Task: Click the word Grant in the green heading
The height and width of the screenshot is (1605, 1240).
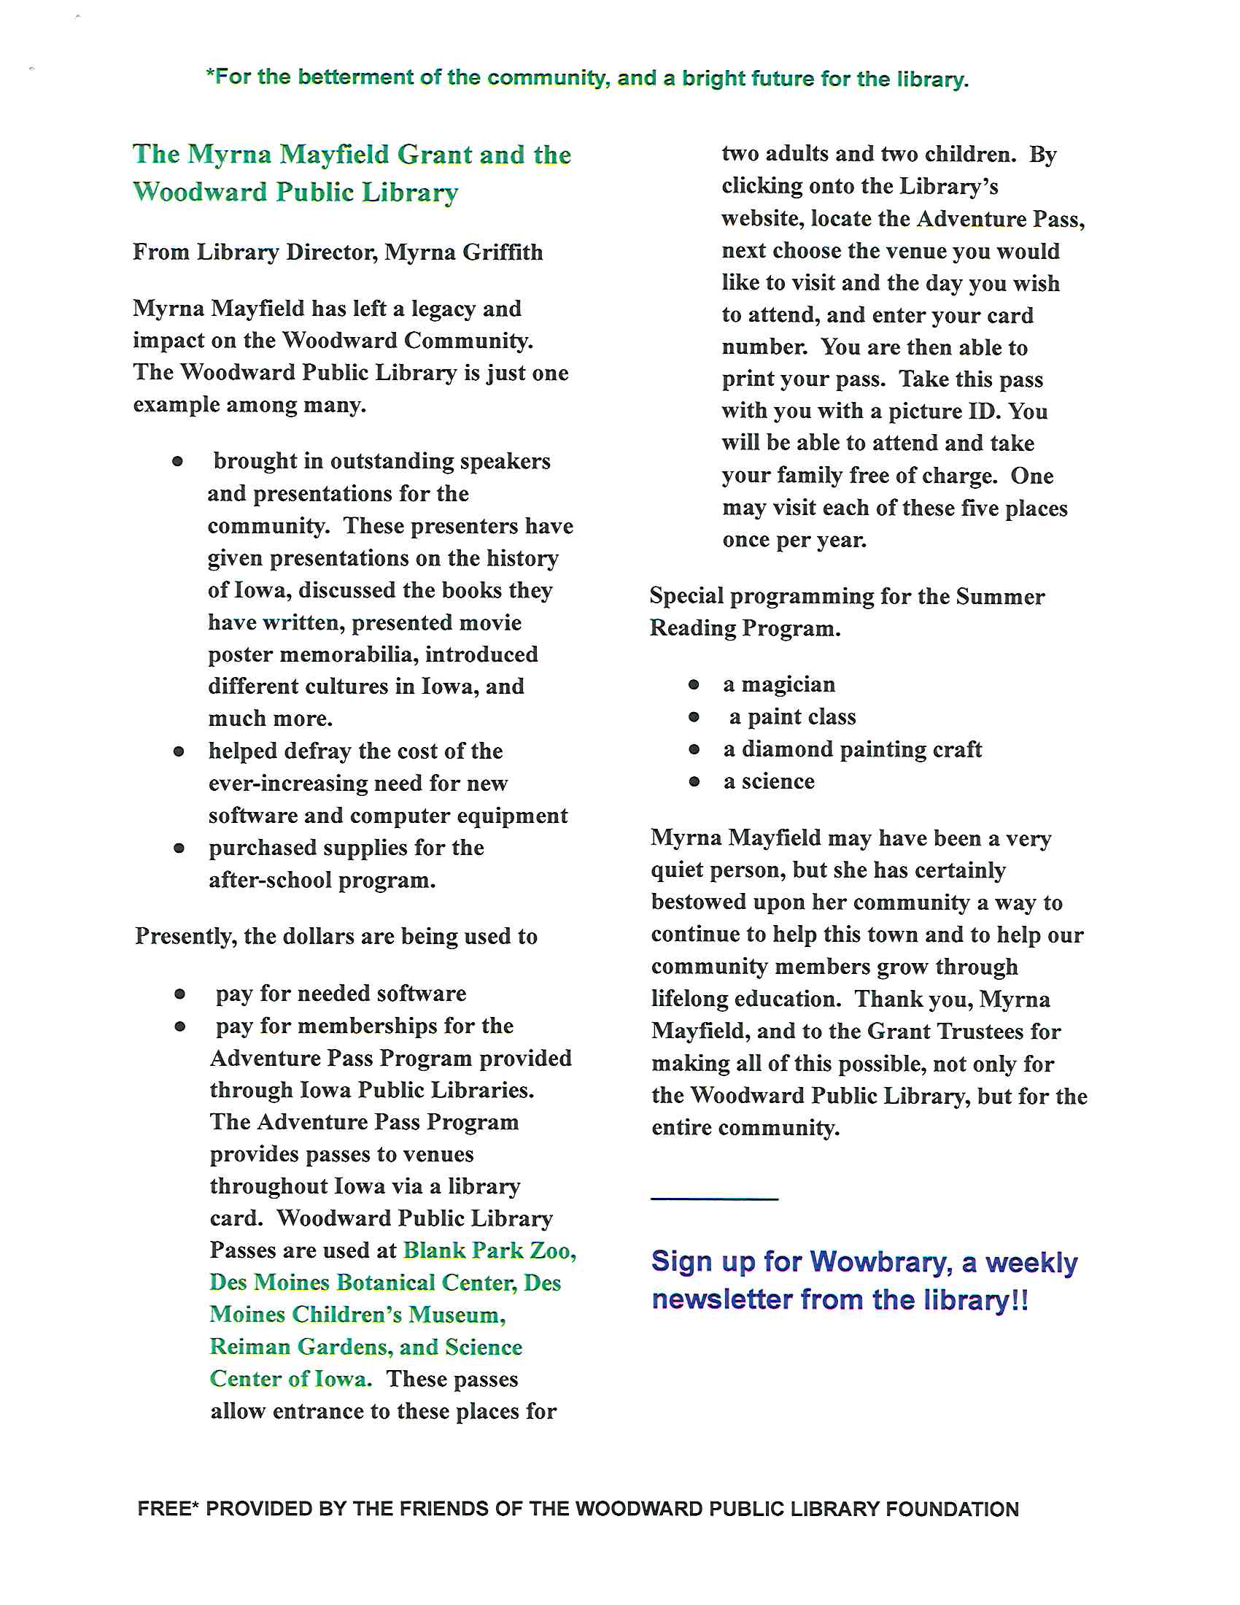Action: click(434, 155)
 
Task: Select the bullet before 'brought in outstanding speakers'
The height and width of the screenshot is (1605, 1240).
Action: click(178, 462)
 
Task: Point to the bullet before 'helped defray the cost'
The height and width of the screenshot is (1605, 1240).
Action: click(179, 751)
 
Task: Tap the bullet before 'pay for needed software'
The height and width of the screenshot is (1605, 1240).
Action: click(180, 994)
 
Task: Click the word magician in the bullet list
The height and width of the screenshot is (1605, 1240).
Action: click(788, 684)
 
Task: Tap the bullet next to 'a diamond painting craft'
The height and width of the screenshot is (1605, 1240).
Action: click(694, 749)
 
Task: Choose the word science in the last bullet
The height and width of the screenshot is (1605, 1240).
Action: click(778, 781)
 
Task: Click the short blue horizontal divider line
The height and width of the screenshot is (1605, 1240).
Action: click(714, 1199)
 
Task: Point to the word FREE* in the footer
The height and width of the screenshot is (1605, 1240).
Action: click(168, 1509)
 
